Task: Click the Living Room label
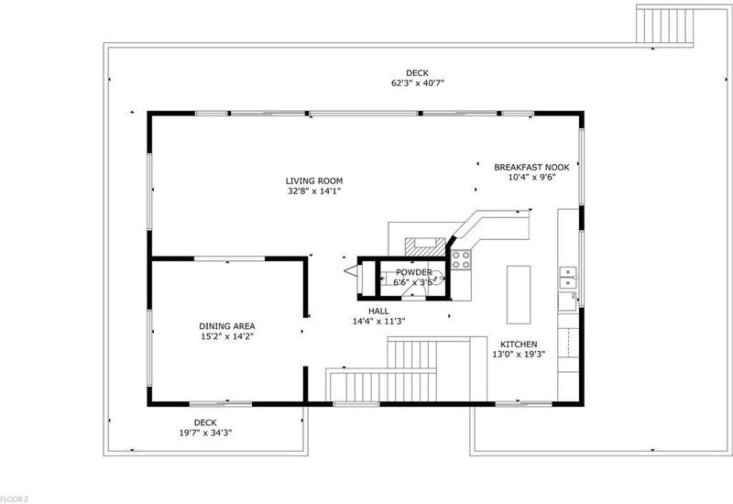(x=313, y=181)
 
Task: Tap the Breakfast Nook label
(x=531, y=168)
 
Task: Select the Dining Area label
(x=227, y=326)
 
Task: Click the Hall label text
(x=378, y=312)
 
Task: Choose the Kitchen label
(x=519, y=345)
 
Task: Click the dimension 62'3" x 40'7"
(x=418, y=83)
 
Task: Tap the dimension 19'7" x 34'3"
(x=205, y=433)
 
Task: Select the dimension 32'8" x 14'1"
(x=314, y=192)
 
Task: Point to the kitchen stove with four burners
(x=461, y=260)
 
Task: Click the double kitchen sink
(x=568, y=278)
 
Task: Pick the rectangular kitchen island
(x=519, y=294)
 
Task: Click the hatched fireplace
(x=425, y=247)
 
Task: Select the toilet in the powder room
(x=437, y=279)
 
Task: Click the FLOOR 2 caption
(x=14, y=499)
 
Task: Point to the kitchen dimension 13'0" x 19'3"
(x=519, y=355)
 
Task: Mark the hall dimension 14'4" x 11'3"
(x=378, y=322)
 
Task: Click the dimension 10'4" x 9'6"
(x=531, y=178)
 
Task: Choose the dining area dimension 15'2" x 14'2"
(x=227, y=336)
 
